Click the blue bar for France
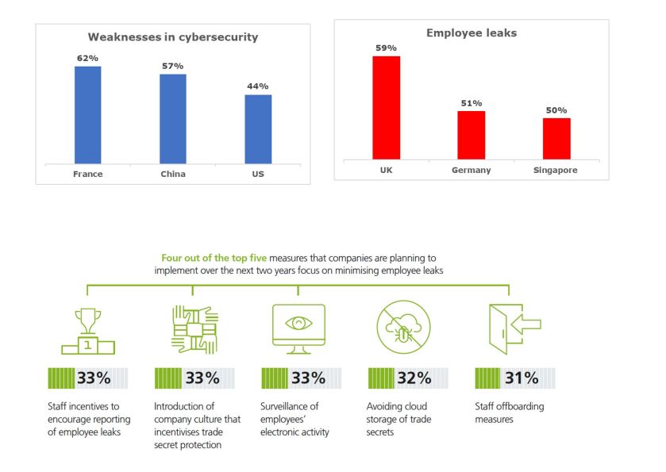click(x=87, y=114)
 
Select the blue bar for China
click(x=172, y=118)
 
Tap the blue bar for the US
click(x=257, y=129)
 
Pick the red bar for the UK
click(x=386, y=107)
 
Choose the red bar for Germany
click(x=472, y=135)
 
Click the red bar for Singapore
click(x=556, y=138)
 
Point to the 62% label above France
click(x=87, y=58)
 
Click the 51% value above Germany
click(x=472, y=103)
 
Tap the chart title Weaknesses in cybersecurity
click(x=172, y=37)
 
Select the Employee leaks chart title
click(x=472, y=33)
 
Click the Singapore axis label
click(x=556, y=171)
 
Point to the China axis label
click(x=172, y=175)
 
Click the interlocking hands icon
click(x=192, y=328)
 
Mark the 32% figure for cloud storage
click(x=414, y=378)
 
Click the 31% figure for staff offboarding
click(x=521, y=378)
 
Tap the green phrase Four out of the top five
click(x=214, y=259)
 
